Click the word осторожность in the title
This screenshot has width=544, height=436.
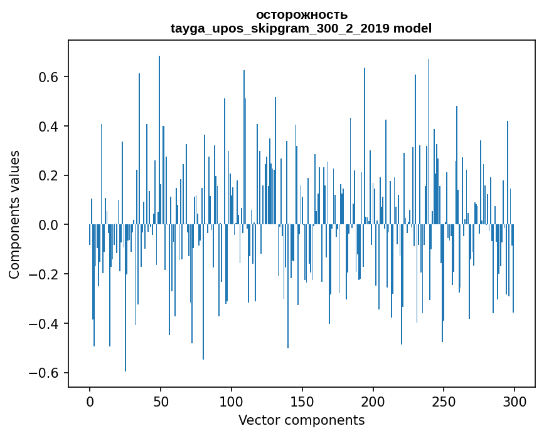(301, 15)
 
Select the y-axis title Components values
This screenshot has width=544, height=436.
(14, 214)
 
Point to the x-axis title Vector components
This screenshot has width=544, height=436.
(301, 420)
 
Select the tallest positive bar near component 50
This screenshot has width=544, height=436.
(159, 138)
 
